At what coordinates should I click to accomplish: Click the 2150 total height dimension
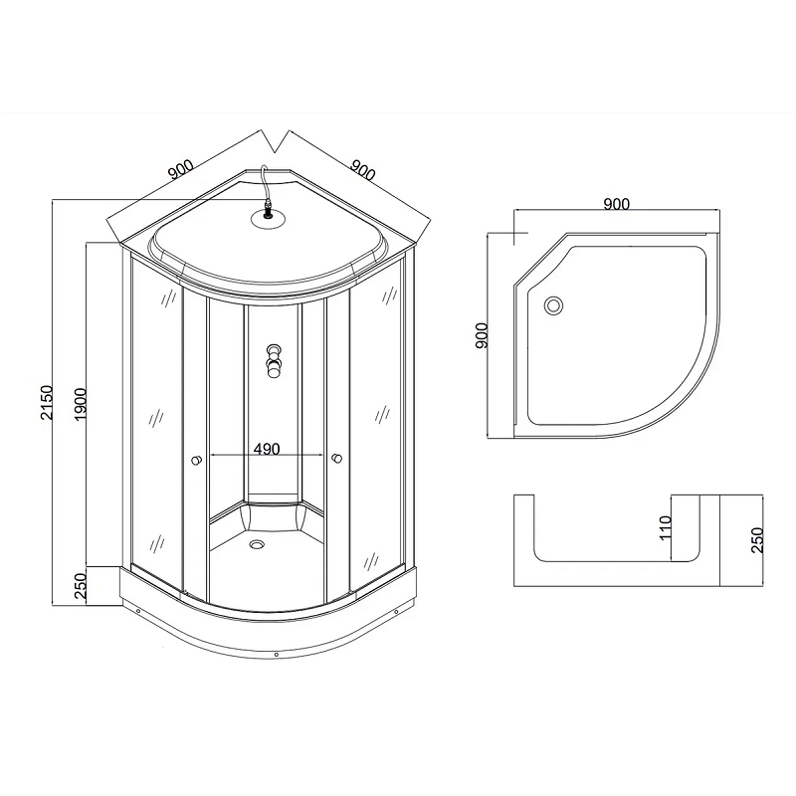(46, 403)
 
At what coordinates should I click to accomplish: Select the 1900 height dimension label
(81, 404)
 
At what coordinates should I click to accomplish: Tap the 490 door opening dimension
(267, 449)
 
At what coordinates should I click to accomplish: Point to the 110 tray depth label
(666, 527)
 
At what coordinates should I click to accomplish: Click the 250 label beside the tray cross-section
(756, 540)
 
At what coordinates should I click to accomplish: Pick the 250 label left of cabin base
(82, 586)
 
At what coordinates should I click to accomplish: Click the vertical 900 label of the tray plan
(482, 335)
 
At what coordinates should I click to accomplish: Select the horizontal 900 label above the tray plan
(616, 204)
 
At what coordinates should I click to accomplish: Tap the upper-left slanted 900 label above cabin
(181, 169)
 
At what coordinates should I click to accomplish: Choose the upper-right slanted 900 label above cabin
(362, 170)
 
